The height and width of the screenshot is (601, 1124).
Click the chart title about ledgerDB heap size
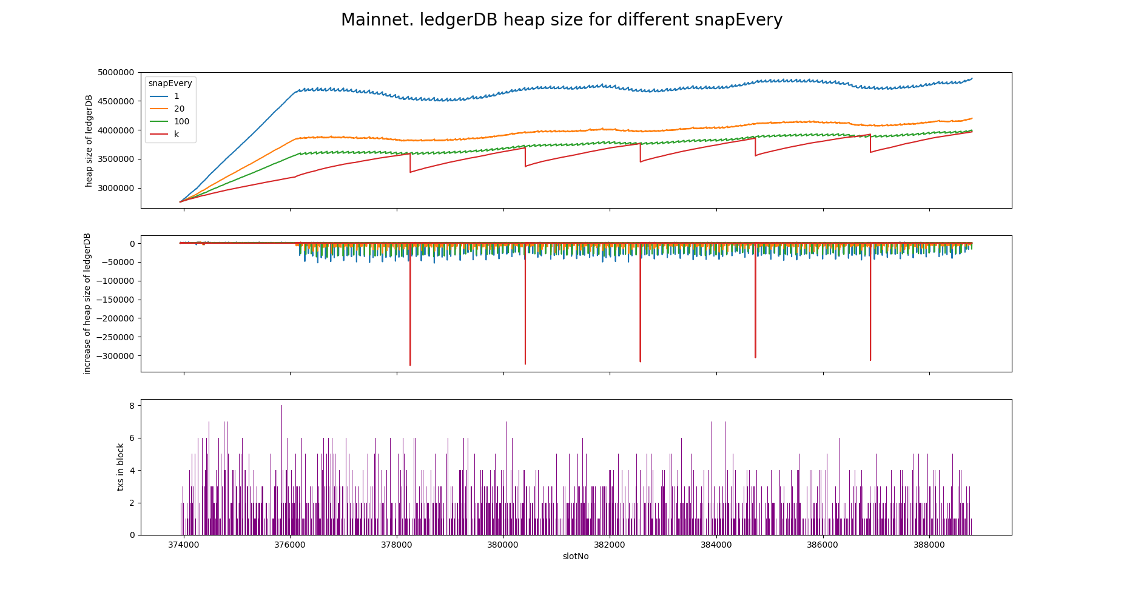pyautogui.click(x=562, y=20)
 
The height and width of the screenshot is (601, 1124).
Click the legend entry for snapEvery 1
pyautogui.click(x=177, y=96)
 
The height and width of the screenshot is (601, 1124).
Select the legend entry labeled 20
pyautogui.click(x=179, y=109)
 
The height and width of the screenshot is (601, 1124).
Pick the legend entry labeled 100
pyautogui.click(x=181, y=122)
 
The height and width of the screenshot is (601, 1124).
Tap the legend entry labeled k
pyautogui.click(x=177, y=135)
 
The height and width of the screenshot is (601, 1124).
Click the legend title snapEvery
pyautogui.click(x=170, y=84)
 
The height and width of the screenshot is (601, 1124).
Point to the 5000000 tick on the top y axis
pyautogui.click(x=115, y=73)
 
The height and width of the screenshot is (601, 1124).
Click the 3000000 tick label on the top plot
pyautogui.click(x=115, y=188)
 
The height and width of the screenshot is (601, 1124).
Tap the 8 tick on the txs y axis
pyautogui.click(x=132, y=406)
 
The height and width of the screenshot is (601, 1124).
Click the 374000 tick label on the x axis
pyautogui.click(x=184, y=545)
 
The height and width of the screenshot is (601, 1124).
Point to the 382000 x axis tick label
pyautogui.click(x=610, y=545)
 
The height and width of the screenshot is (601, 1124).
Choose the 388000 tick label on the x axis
pyautogui.click(x=929, y=545)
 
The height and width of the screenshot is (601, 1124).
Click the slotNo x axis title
pyautogui.click(x=576, y=556)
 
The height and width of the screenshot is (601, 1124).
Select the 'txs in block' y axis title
pyautogui.click(x=121, y=467)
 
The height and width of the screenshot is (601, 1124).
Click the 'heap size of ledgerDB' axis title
pyautogui.click(x=89, y=140)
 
